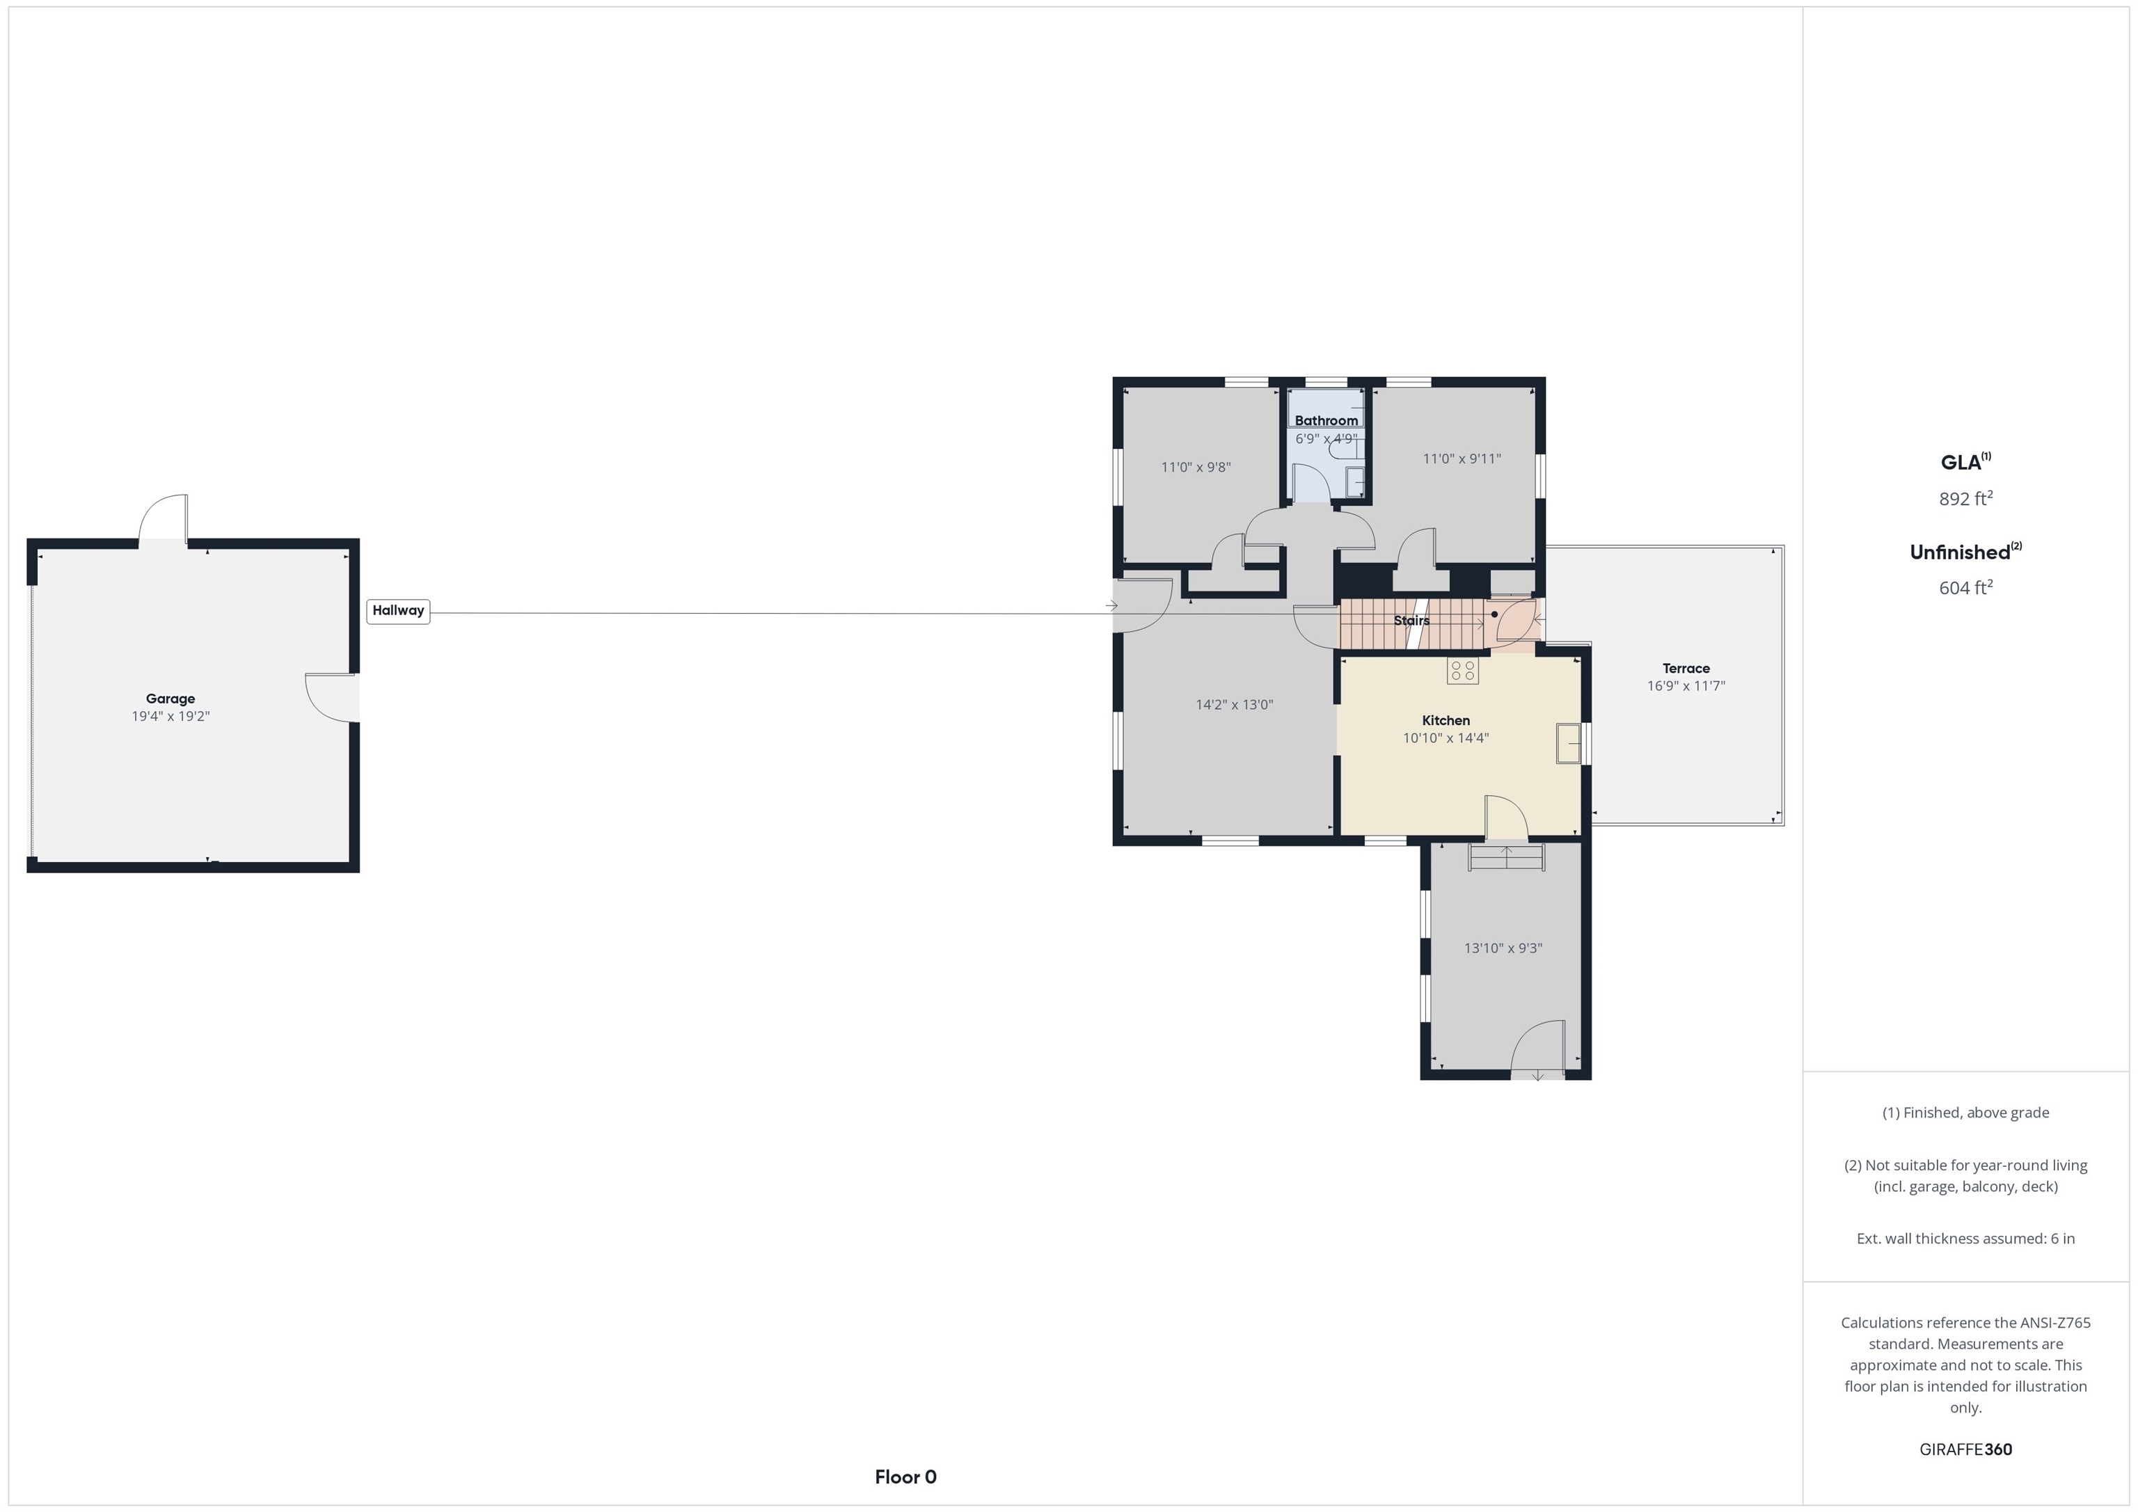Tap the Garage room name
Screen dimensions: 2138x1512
click(171, 699)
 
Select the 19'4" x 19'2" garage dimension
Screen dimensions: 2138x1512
click(171, 716)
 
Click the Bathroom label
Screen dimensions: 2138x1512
click(1326, 421)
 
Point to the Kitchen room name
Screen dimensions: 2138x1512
click(1446, 721)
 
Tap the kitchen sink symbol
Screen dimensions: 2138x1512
click(1568, 743)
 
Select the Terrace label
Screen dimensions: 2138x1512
click(1686, 669)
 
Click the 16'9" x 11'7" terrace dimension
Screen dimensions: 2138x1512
click(1686, 686)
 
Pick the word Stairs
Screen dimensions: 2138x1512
click(1411, 620)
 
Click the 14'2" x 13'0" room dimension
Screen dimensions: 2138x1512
click(1234, 705)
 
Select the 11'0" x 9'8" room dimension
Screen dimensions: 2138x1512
click(1196, 468)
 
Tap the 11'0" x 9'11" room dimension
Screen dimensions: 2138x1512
click(1462, 459)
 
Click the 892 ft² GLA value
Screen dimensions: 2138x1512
click(1965, 498)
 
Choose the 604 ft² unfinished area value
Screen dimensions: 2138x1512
click(1965, 587)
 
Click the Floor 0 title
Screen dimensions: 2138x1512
click(905, 1477)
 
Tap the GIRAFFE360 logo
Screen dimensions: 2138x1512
click(1965, 1449)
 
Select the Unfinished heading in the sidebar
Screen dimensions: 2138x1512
click(1965, 551)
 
